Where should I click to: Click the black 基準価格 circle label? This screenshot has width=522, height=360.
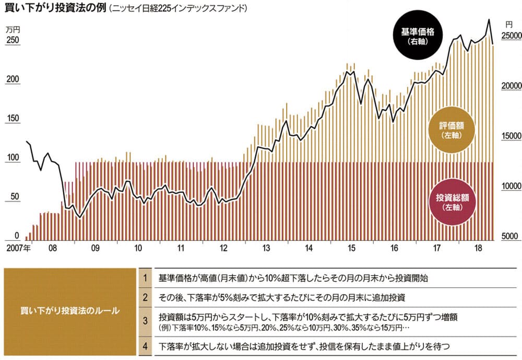click(418, 36)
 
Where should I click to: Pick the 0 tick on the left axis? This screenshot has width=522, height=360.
click(17, 236)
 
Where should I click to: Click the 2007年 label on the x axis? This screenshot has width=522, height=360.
click(19, 248)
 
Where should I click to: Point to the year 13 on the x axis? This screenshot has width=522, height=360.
click(266, 248)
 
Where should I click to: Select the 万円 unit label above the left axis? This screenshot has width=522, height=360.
click(13, 30)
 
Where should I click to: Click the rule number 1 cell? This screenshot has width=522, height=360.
click(146, 277)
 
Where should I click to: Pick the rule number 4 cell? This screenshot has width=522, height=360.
click(146, 346)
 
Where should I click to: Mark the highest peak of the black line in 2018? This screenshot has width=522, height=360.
click(489, 20)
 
